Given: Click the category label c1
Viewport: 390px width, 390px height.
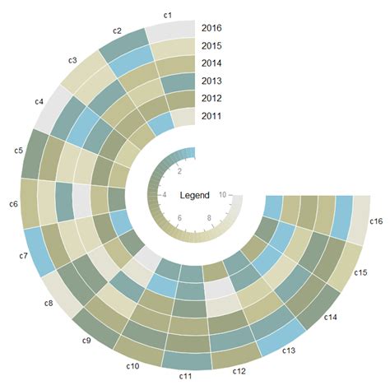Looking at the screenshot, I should (x=167, y=15).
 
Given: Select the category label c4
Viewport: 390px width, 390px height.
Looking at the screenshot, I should (x=39, y=101).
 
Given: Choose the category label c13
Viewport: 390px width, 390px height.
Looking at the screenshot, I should (x=289, y=351).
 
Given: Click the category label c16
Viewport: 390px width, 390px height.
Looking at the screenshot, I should (x=376, y=221).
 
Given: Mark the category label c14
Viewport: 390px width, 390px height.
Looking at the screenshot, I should (x=331, y=317).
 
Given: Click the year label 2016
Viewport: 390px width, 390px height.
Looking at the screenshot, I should (x=212, y=28).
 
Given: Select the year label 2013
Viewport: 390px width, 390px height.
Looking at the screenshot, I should (x=212, y=81).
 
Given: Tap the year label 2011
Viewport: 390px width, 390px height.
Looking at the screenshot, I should (x=212, y=116).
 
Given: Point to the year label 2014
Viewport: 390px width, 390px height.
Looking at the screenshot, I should (x=212, y=63).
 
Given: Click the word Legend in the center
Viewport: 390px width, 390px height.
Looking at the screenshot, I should (x=195, y=196).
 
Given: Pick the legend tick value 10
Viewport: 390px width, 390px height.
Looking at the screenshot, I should (x=224, y=194).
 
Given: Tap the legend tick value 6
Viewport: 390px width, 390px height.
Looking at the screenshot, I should (x=179, y=217).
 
